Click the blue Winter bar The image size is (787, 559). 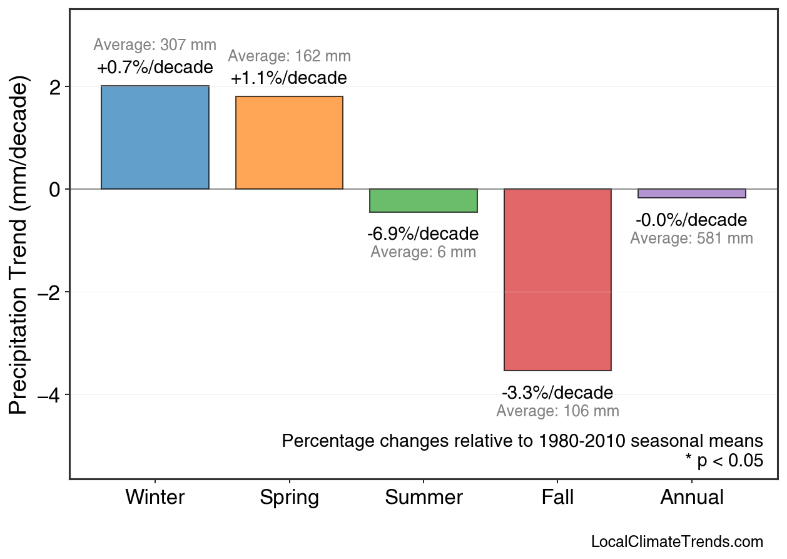point(155,138)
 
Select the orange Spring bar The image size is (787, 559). point(289,143)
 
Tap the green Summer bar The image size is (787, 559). point(424,200)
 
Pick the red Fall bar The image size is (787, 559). point(557,279)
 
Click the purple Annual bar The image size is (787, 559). point(691,193)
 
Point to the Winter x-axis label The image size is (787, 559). point(155,498)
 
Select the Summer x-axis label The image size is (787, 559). point(424,498)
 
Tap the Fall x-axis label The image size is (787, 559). point(557,498)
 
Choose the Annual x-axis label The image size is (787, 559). point(692,498)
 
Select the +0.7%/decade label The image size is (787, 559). point(155,67)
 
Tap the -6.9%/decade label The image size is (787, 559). point(423,234)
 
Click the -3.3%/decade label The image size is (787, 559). point(557,393)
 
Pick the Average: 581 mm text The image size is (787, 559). point(691,238)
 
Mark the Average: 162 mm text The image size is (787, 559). point(289,56)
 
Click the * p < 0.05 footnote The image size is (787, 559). point(724,461)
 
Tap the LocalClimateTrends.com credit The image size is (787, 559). point(677,542)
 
